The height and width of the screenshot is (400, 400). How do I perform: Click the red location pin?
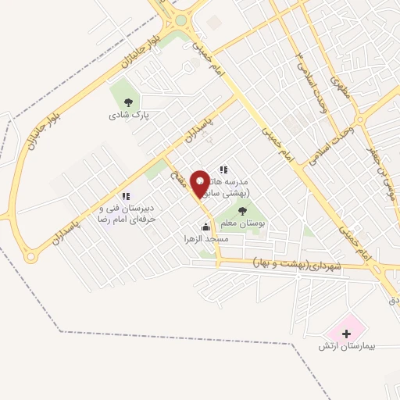[x=200, y=183]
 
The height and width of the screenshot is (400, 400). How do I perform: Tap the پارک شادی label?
[x=129, y=114]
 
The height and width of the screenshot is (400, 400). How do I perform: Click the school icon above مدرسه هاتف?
[x=223, y=170]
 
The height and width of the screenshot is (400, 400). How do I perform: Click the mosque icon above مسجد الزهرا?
[x=205, y=227]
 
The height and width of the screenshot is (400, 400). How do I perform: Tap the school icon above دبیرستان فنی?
[x=124, y=196]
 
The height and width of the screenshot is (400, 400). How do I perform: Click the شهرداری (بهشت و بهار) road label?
[x=298, y=265]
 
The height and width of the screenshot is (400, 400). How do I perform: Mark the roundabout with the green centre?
[x=181, y=20]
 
